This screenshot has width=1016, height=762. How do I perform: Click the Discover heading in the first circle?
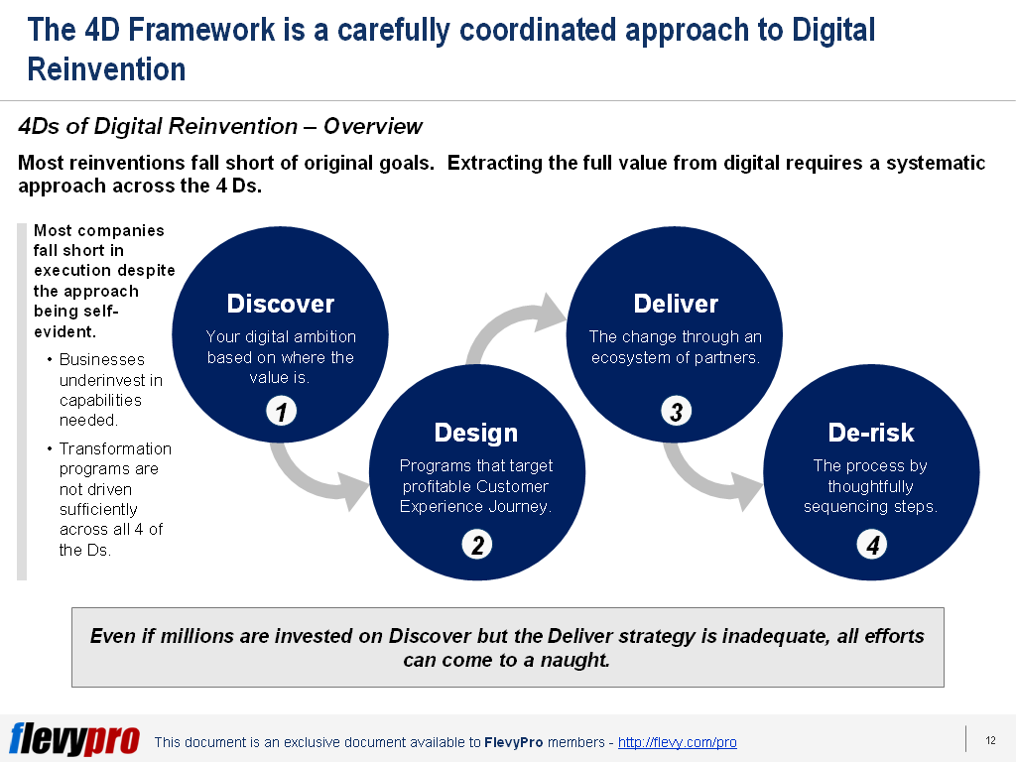pyautogui.click(x=281, y=304)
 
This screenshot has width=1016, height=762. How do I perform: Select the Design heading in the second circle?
pyautogui.click(x=476, y=433)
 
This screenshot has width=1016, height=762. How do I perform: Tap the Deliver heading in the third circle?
pyautogui.click(x=676, y=304)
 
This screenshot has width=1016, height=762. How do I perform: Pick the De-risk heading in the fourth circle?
pyautogui.click(x=871, y=433)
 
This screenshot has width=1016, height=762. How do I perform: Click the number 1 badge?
pyautogui.click(x=281, y=412)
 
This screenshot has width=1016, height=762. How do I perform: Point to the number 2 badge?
pyautogui.click(x=477, y=545)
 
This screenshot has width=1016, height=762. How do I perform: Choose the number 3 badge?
pyautogui.click(x=676, y=412)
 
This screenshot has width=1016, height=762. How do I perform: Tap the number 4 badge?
pyautogui.click(x=872, y=545)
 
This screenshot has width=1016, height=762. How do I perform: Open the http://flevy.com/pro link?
pyautogui.click(x=677, y=742)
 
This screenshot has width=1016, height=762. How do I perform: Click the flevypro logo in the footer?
pyautogui.click(x=74, y=738)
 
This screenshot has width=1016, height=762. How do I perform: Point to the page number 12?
pyautogui.click(x=991, y=740)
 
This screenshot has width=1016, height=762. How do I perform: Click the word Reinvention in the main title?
pyautogui.click(x=106, y=69)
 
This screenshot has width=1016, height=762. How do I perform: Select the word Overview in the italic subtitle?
pyautogui.click(x=373, y=126)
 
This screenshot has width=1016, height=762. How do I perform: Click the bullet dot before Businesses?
pyautogui.click(x=50, y=359)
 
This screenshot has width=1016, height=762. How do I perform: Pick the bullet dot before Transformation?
pyautogui.click(x=50, y=448)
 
